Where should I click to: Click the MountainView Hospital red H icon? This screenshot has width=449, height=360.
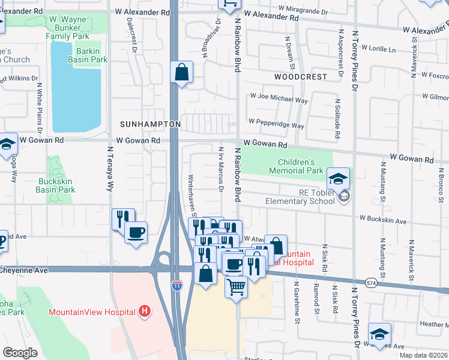[144, 311]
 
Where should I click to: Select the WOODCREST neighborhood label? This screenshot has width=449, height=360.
[301, 77]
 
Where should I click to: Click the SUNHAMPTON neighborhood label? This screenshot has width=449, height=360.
[150, 124]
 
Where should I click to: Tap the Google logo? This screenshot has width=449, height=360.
[20, 352]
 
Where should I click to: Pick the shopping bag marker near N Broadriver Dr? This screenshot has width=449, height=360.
[181, 73]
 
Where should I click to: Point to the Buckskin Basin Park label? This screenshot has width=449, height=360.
[56, 185]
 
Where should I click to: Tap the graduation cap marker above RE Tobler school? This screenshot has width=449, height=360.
[338, 178]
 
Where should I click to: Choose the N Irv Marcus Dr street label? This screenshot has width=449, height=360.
[221, 170]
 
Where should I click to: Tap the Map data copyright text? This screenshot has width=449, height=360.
[423, 355]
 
